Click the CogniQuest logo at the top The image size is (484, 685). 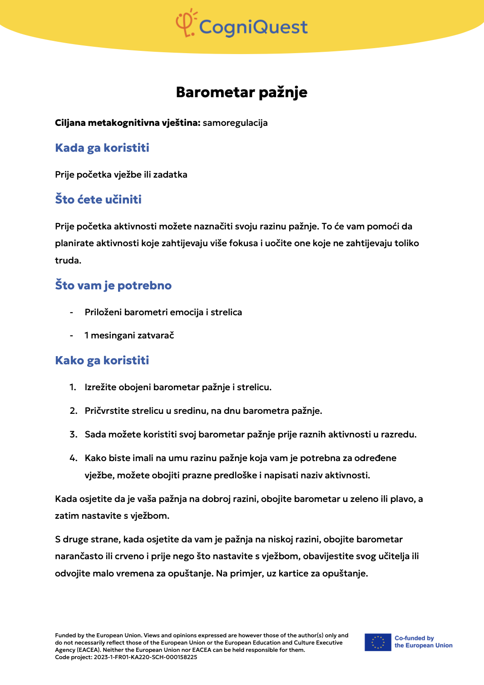point(242,24)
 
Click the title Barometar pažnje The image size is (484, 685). point(242,92)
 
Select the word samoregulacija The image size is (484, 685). point(235,123)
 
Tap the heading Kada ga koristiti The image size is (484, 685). point(102,148)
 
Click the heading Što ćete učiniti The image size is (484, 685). point(98,200)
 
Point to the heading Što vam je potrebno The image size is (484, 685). point(113,286)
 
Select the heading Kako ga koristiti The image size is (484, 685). point(102,361)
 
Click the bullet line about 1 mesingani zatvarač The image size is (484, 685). point(129,336)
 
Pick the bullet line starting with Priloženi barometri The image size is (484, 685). point(163,313)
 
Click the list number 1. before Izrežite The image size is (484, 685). point(73,387)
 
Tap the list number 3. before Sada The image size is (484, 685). point(74,435)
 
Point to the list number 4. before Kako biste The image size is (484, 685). point(74,458)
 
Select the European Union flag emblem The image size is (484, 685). point(378,642)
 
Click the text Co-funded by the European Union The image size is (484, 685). point(423,642)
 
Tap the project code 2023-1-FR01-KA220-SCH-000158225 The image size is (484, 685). point(145,657)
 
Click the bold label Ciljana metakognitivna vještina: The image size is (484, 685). point(128,123)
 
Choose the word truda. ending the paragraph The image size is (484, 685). point(68,261)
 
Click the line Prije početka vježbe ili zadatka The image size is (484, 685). point(121,175)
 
